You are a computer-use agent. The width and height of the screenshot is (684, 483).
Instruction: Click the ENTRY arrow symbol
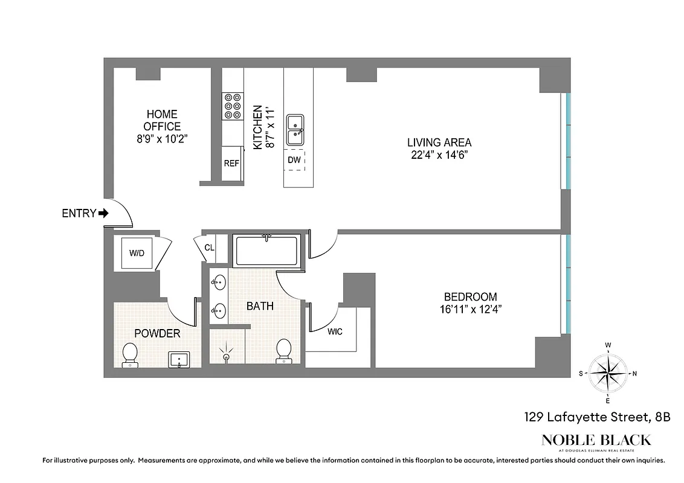pyautogui.click(x=103, y=213)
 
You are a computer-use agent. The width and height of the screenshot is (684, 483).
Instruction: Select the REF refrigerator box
pyautogui.click(x=231, y=163)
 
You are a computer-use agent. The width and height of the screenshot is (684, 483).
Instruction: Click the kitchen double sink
pyautogui.click(x=295, y=129)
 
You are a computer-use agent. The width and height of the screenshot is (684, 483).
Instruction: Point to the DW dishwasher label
pyautogui.click(x=294, y=160)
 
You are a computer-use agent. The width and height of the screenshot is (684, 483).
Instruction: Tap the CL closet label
pyautogui.click(x=209, y=248)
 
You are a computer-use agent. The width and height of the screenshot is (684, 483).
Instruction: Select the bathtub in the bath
pyautogui.click(x=266, y=251)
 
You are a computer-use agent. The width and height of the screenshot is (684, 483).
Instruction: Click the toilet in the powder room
pyautogui.click(x=129, y=355)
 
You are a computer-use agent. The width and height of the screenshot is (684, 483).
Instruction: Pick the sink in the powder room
pyautogui.click(x=179, y=360)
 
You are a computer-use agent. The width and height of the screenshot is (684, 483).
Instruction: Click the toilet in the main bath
pyautogui.click(x=283, y=351)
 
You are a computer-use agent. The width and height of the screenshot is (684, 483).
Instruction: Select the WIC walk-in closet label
pyautogui.click(x=335, y=331)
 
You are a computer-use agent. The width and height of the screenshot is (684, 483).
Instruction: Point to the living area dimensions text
pyautogui.click(x=439, y=155)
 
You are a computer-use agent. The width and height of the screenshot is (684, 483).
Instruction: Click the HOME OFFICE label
pyautogui.click(x=162, y=120)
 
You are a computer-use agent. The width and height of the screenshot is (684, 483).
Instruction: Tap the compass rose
pyautogui.click(x=608, y=373)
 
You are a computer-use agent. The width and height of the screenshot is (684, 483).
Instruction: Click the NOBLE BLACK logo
pyautogui.click(x=596, y=441)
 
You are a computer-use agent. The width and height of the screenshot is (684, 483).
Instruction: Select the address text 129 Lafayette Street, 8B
pyautogui.click(x=596, y=417)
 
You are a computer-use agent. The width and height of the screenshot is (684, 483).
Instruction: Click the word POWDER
pyautogui.click(x=157, y=333)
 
